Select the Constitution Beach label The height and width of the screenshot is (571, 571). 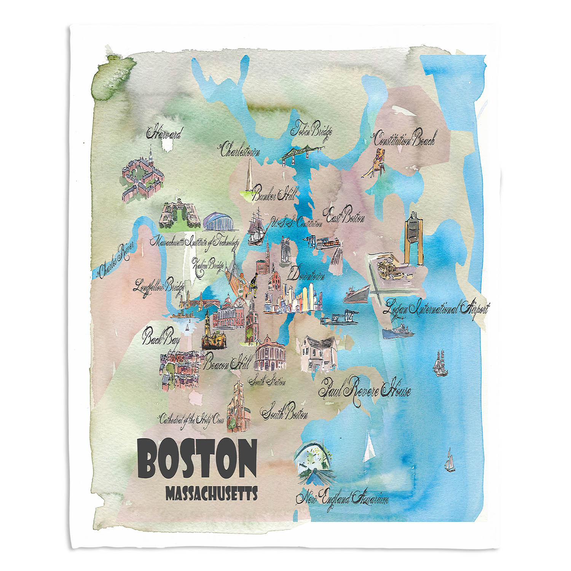tap(404, 140)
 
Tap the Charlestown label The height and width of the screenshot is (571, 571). tap(240, 150)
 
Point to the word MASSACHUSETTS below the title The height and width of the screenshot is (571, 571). tap(212, 494)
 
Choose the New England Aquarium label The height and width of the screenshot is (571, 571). tap(342, 498)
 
